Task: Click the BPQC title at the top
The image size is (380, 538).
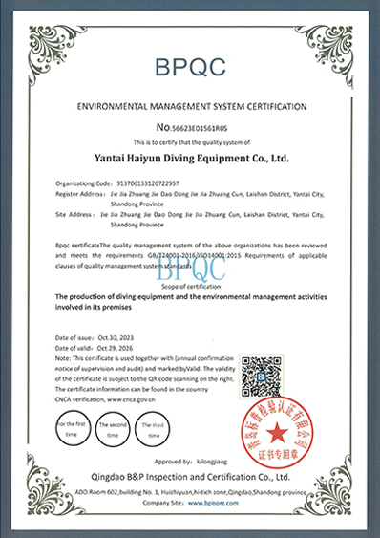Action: [190, 65]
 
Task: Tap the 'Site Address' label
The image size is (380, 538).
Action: [74, 215]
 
